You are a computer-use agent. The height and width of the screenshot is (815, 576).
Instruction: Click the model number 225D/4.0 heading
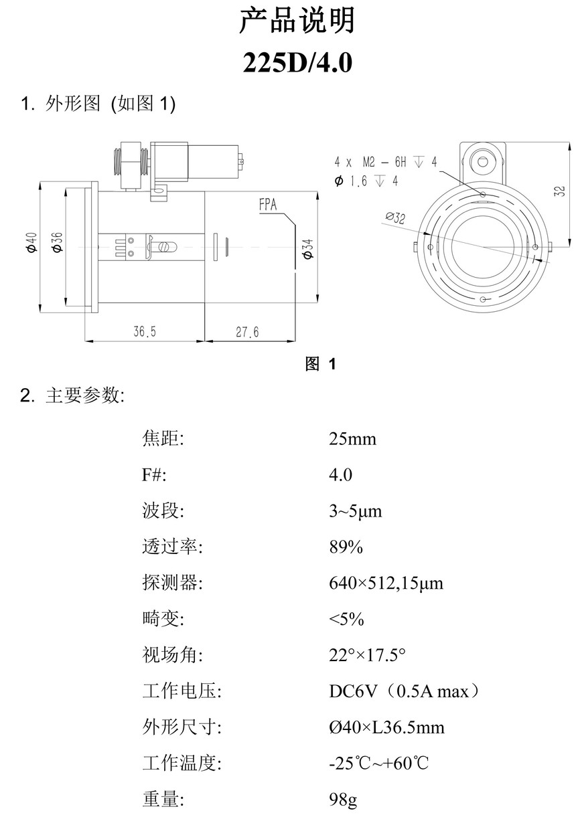(x=297, y=64)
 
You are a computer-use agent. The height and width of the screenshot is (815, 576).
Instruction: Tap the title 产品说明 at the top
(x=297, y=21)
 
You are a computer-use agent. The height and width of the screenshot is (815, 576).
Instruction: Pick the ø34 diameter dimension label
(x=307, y=248)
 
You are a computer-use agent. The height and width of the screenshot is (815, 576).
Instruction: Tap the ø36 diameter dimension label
(x=57, y=242)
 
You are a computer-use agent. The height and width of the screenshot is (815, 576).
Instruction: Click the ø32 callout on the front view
(x=396, y=217)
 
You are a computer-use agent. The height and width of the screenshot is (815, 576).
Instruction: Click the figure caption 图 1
(x=320, y=364)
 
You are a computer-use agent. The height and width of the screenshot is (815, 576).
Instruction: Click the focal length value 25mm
(x=352, y=440)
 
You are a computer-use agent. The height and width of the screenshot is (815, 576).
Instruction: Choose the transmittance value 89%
(x=346, y=547)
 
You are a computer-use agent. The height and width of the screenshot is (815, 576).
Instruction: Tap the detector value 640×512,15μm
(x=386, y=583)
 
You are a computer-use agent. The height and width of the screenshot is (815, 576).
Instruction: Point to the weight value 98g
(x=343, y=800)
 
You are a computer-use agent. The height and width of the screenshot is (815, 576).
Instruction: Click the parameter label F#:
(x=153, y=476)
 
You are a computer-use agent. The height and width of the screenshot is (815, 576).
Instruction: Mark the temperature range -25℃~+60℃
(x=378, y=763)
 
